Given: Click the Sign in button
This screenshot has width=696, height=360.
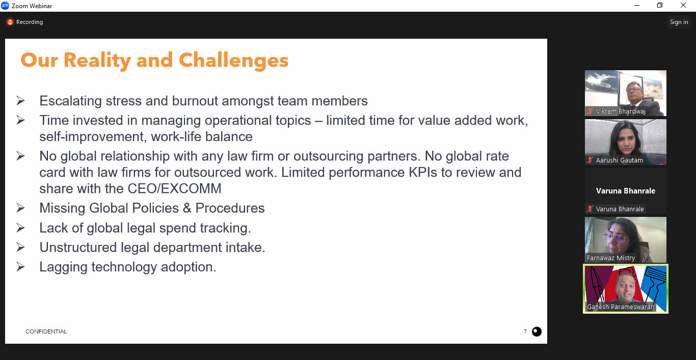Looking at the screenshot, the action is tap(679, 22).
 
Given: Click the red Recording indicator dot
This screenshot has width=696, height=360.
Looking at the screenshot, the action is tap(10, 22).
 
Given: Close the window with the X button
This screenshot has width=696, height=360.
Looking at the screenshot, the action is tap(683, 5).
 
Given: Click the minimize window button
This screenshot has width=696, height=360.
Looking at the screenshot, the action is tap(637, 5).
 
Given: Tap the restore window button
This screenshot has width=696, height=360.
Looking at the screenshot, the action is tap(660, 5).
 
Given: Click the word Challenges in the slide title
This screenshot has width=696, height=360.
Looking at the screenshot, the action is tap(234, 61).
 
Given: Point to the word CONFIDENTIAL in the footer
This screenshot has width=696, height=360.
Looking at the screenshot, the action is tap(46, 331).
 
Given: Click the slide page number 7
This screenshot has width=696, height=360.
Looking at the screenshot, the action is tap(525, 331).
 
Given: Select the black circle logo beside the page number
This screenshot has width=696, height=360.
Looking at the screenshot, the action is tap(537, 331).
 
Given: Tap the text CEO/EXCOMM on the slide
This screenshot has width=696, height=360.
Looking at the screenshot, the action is tap(175, 188).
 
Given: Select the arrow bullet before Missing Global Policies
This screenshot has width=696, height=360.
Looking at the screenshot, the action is tap(20, 208).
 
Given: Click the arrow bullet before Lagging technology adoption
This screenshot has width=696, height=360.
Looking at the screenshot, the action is tap(20, 266).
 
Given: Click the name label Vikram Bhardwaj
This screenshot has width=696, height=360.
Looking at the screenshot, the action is tap(621, 111).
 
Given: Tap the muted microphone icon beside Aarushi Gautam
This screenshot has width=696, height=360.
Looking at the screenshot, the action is tap(590, 160).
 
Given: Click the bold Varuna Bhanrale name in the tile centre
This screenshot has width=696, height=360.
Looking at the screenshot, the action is tap(626, 191).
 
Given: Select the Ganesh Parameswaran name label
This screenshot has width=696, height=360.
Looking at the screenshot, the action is tap(620, 307).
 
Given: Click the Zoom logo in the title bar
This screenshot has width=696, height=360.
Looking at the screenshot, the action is tap(5, 6).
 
